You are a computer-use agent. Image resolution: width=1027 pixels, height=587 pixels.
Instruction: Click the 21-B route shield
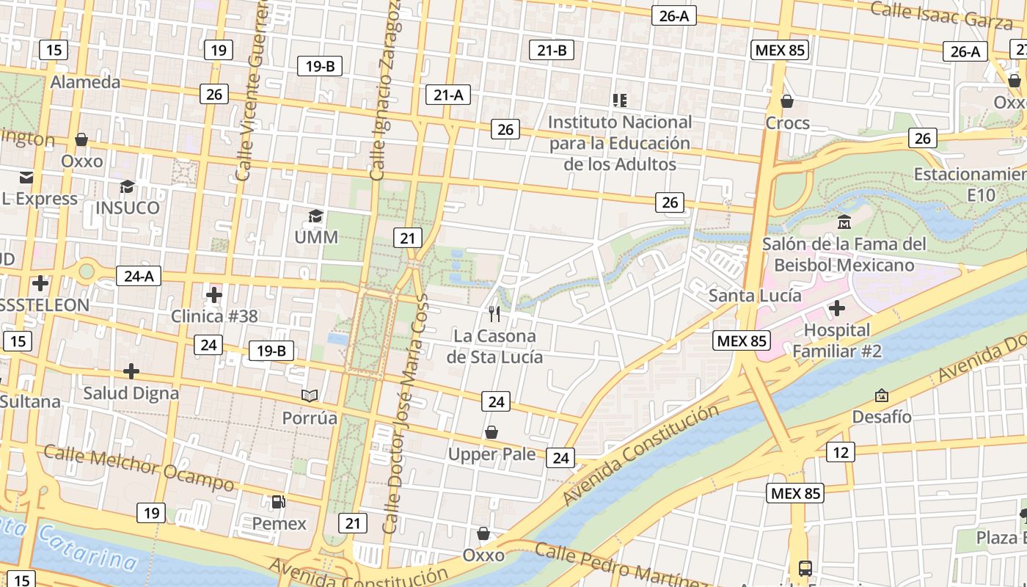pos(552,50)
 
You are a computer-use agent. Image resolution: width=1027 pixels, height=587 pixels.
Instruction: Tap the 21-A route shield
pos(448,95)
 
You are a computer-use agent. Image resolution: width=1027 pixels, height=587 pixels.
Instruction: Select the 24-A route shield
pos(139,276)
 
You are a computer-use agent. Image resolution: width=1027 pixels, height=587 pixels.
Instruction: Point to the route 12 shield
pos(841,452)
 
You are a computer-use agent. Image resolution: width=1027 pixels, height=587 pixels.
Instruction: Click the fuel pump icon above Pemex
pos(279,502)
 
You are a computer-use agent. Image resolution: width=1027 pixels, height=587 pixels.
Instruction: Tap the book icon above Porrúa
pos(310,396)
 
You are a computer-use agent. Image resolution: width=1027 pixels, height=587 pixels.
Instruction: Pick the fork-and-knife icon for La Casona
pos(494,314)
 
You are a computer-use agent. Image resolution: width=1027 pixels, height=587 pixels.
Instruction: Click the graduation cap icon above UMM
pos(315,216)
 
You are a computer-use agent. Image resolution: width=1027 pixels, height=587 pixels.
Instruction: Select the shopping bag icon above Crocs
pos(787,101)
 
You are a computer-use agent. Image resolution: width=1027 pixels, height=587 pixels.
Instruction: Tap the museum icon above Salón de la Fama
pos(844,222)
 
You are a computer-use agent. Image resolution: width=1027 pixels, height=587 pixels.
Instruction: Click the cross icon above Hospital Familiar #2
pos(836,308)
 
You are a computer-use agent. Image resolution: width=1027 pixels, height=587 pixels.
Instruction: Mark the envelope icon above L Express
pos(26,177)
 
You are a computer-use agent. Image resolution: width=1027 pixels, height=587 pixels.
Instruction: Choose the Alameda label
pos(85,81)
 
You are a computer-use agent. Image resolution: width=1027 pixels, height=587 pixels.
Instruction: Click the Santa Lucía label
pos(755,296)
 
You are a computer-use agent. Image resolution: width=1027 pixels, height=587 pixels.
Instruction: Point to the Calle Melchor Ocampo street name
pos(139,467)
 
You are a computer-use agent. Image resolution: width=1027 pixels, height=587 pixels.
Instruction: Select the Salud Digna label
pos(131,393)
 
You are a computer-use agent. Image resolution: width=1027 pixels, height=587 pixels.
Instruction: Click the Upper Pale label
pos(491,454)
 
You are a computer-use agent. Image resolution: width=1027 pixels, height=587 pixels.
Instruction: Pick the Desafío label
pos(882,417)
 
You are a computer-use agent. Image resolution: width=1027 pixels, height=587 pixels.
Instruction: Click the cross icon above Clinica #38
pos(214,295)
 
